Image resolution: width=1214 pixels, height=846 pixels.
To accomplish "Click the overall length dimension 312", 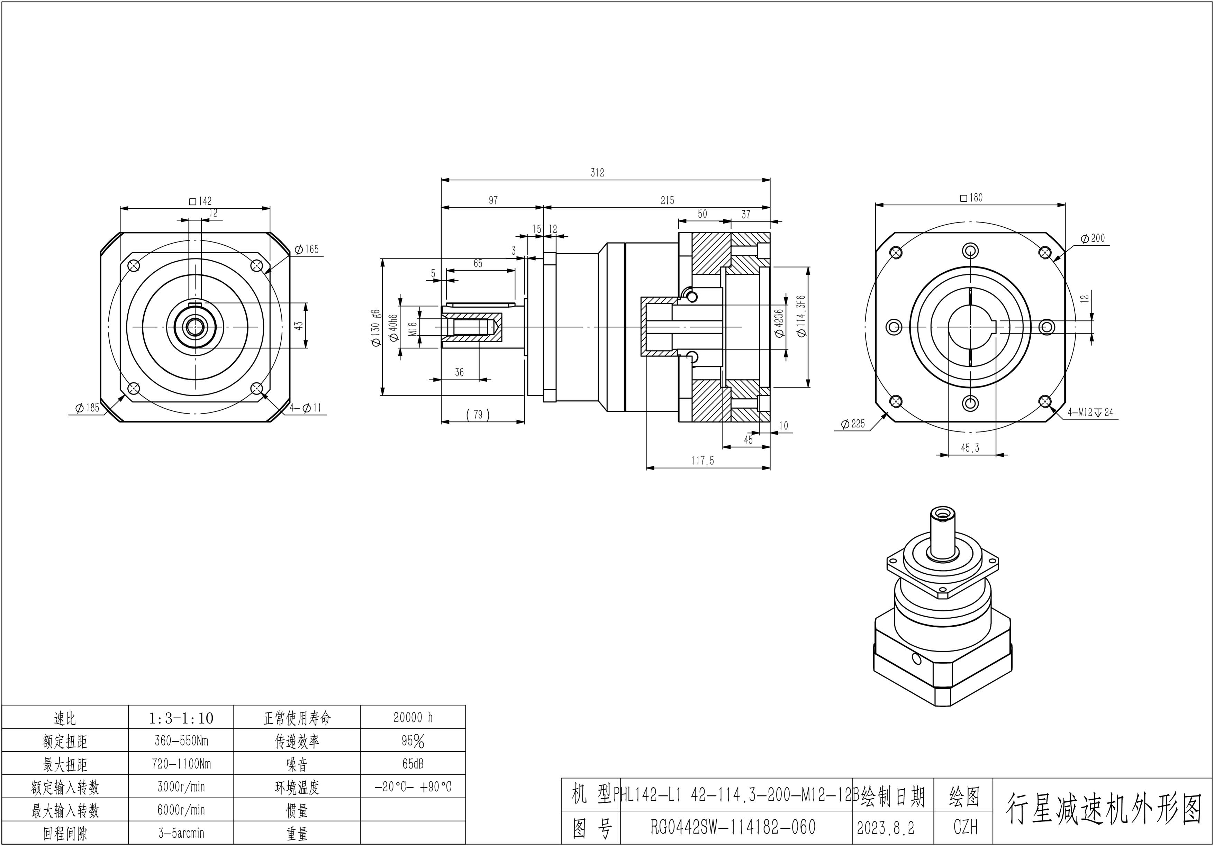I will (597, 172).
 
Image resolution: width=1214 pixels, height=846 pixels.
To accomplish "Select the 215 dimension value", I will (667, 200).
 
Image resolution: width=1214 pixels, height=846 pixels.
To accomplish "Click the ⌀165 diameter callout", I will (307, 249).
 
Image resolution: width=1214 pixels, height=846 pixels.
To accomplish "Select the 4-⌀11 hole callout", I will (305, 408).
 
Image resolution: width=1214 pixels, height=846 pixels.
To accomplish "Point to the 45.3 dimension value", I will (970, 448).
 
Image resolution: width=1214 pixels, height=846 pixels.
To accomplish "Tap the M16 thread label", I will (413, 329).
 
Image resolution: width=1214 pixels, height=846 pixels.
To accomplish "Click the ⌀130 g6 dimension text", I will (376, 328).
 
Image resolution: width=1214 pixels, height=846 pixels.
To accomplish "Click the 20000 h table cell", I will (413, 718).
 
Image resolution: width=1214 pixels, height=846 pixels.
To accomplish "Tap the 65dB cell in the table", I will (413, 764).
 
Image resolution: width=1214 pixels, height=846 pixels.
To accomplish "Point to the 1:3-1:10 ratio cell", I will (181, 718).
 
